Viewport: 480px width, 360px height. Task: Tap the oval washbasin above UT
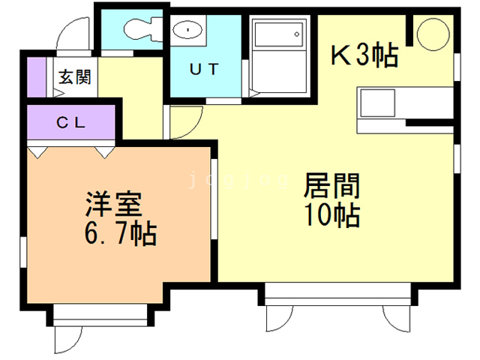(185, 30)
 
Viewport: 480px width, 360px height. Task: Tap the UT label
(203, 70)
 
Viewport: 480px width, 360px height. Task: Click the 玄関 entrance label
(75, 76)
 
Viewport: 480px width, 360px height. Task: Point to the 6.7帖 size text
(119, 235)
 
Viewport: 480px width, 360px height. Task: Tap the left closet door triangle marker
(37, 151)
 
